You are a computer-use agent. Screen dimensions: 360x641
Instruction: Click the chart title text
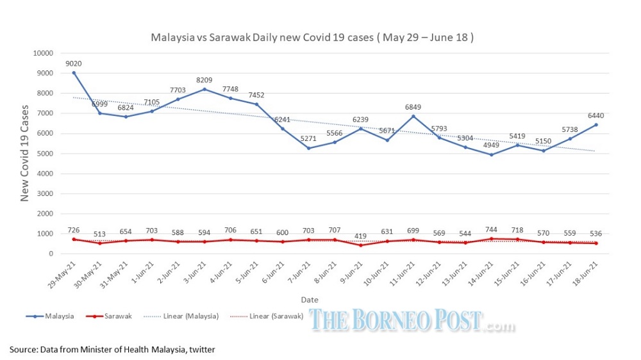point(312,38)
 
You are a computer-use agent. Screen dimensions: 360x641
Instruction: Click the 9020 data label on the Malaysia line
point(74,63)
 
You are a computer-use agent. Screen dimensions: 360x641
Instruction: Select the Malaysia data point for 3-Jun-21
point(204,89)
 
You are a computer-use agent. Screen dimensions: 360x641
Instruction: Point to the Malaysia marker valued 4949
point(492,154)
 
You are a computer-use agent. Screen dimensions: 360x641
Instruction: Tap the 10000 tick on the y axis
point(42,53)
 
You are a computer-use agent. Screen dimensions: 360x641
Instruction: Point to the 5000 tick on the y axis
point(44,154)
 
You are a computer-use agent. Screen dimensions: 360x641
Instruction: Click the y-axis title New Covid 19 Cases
point(25,153)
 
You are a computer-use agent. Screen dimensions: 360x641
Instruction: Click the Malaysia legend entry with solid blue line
point(55,316)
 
